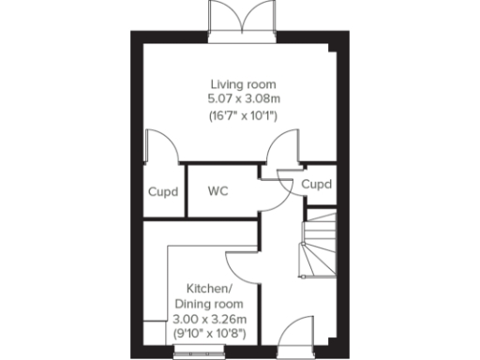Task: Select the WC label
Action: pos(218,191)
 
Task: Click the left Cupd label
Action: pos(163,191)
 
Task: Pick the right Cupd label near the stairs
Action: pos(316,185)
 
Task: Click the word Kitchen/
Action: pos(208,288)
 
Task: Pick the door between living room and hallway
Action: pos(277,150)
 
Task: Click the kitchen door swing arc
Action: pos(242,264)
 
